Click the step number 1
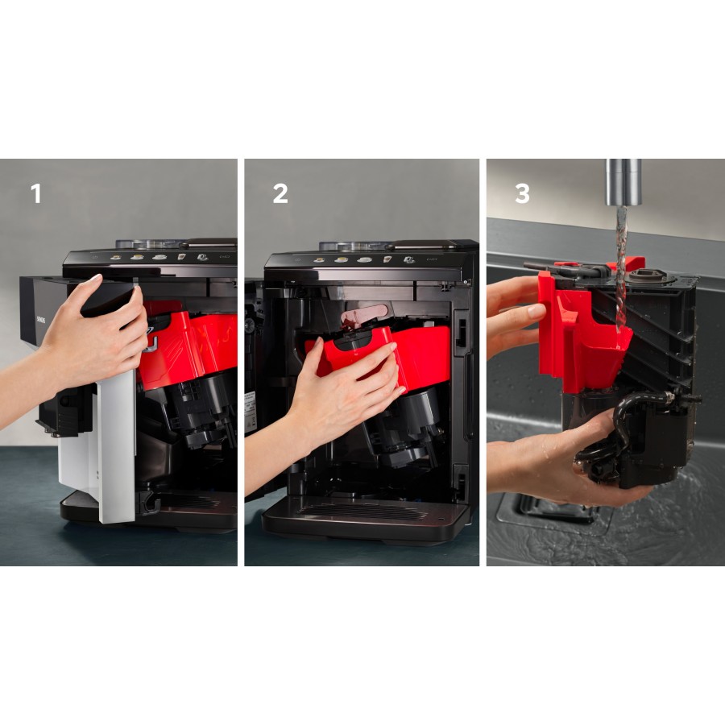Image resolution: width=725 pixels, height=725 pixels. coord(35,194)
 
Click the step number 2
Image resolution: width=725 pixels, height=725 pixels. coord(280,194)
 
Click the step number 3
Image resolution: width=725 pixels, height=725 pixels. coord(522,194)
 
